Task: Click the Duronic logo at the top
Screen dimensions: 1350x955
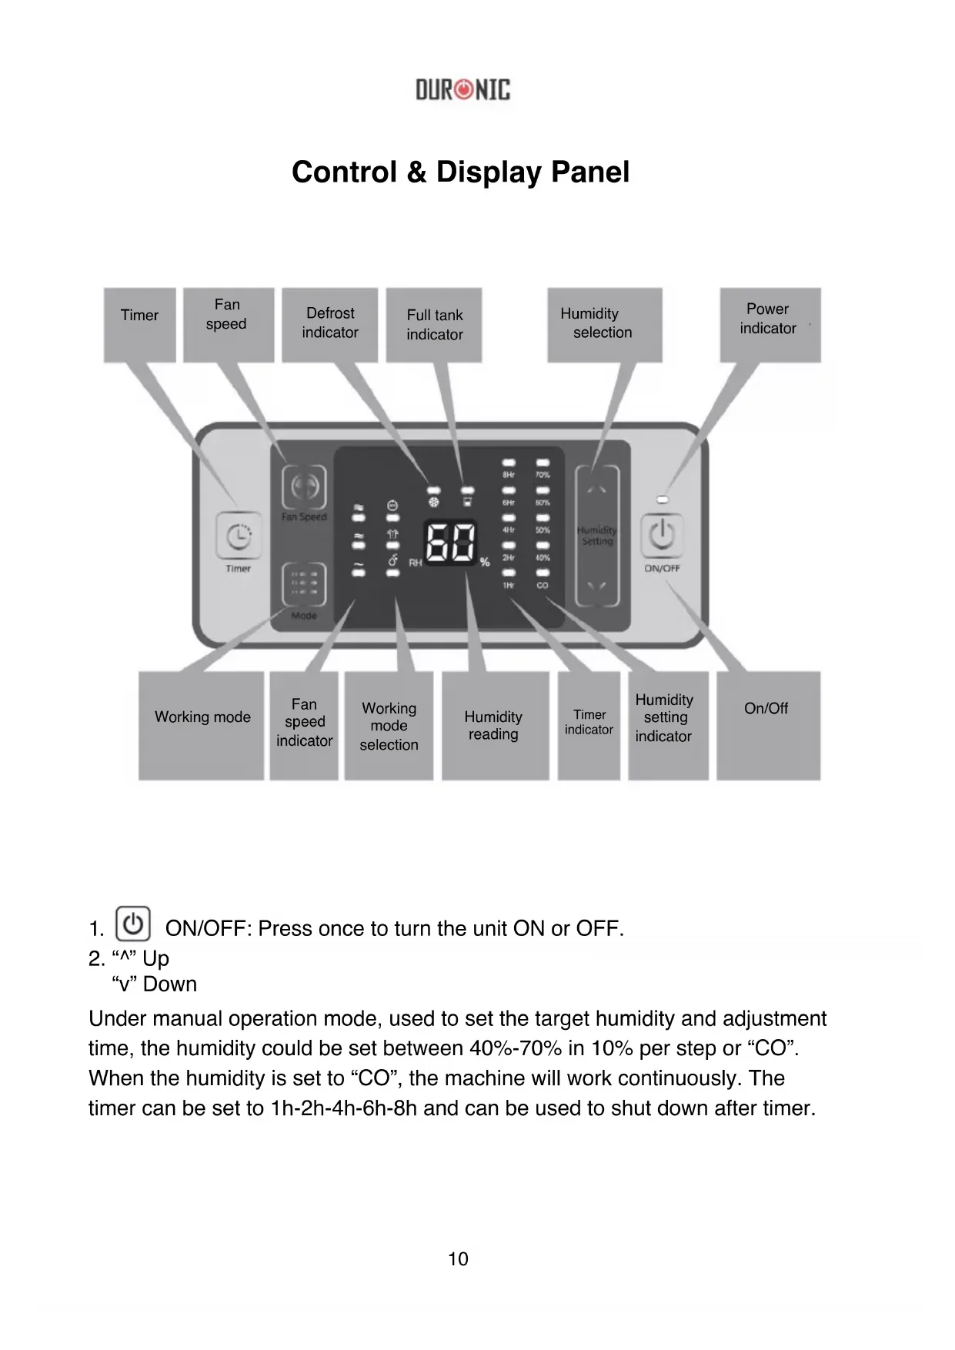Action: (462, 90)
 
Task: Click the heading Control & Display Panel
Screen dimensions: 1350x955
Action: (460, 172)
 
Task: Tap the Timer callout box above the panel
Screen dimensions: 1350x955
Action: (139, 324)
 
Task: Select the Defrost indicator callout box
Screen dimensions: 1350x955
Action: (329, 324)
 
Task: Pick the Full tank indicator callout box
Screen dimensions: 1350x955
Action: (434, 324)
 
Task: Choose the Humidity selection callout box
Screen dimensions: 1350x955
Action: (604, 324)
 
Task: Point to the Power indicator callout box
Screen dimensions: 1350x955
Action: (770, 324)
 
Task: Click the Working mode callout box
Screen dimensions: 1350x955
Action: (202, 725)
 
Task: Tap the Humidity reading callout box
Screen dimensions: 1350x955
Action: (495, 725)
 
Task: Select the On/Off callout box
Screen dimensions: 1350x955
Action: (768, 725)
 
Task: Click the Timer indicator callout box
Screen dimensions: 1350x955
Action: (589, 725)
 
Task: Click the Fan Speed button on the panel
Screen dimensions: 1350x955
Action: (304, 487)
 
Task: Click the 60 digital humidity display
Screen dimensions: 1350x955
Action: (452, 543)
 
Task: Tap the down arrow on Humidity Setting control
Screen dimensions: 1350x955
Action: (597, 586)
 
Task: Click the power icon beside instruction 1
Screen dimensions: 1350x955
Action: (133, 924)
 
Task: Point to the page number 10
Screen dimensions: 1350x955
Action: (458, 1259)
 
